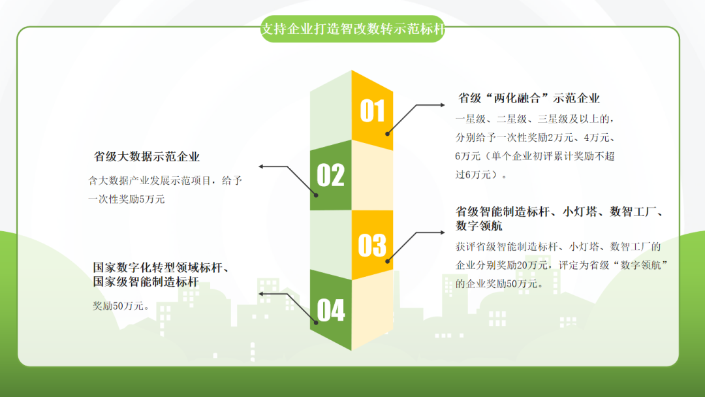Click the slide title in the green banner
pyautogui.click(x=353, y=29)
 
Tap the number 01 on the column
pyautogui.click(x=372, y=111)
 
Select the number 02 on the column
pyautogui.click(x=330, y=175)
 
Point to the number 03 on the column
pyautogui.click(x=372, y=245)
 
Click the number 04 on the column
pyautogui.click(x=331, y=310)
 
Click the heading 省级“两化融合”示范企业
pyautogui.click(x=529, y=98)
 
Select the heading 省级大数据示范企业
pyautogui.click(x=147, y=157)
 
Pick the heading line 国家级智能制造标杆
pyautogui.click(x=146, y=282)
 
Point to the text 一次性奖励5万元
pyautogui.click(x=127, y=199)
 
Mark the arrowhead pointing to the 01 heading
pyautogui.click(x=443, y=104)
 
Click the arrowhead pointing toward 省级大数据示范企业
pyautogui.click(x=261, y=167)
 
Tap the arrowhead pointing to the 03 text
pyautogui.click(x=443, y=232)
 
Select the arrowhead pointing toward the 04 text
pyautogui.click(x=261, y=294)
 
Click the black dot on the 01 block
pyautogui.click(x=387, y=134)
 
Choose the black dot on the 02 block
pyautogui.click(x=316, y=195)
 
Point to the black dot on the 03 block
pyautogui.click(x=387, y=261)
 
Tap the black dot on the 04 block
pyautogui.click(x=316, y=323)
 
